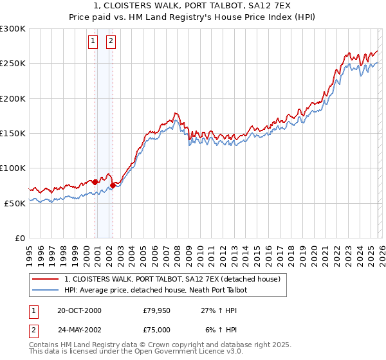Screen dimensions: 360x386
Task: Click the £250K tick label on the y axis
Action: coord(12,64)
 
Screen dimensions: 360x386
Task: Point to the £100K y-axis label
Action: coord(12,168)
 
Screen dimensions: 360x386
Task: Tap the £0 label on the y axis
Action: coord(19,238)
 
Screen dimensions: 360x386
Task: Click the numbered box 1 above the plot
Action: coord(93,42)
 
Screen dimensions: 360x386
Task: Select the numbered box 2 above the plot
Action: coord(111,42)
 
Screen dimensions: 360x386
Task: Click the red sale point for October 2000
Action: coord(95,182)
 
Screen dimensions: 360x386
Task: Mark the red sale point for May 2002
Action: coord(113,185)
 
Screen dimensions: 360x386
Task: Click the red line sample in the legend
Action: coord(46,280)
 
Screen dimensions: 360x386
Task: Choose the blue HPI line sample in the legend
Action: coord(46,291)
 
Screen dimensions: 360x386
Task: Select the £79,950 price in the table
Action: coord(157,310)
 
